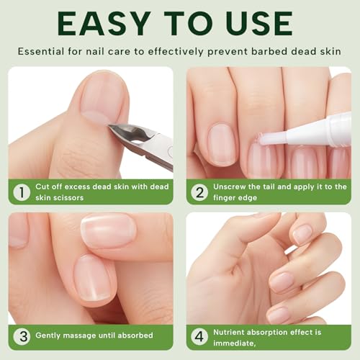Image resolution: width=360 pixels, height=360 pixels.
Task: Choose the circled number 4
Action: click(x=199, y=336)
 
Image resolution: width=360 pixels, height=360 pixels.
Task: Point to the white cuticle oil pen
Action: click(x=317, y=132)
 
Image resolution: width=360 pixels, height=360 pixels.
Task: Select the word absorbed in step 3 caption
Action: click(x=132, y=335)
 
